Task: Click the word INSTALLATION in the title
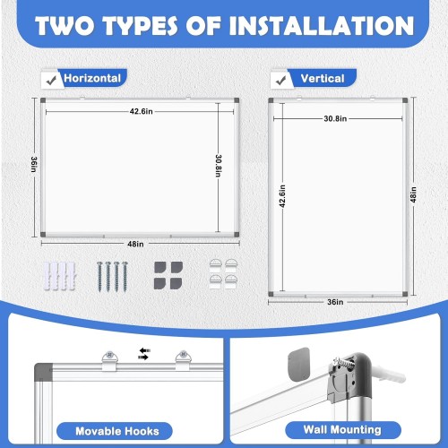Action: tap(322, 26)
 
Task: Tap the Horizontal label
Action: tap(92, 78)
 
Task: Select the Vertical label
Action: tap(323, 79)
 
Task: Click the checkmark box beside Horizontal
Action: tap(52, 80)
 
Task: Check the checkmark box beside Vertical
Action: tap(281, 80)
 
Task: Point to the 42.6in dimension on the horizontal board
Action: tap(141, 111)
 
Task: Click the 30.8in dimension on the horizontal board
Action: tap(219, 166)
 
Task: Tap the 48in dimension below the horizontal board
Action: tap(135, 244)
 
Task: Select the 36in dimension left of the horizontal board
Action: tap(34, 164)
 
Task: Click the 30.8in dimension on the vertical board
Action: tap(335, 118)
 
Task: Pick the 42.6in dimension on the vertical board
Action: tap(282, 196)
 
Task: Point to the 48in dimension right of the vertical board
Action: tap(413, 194)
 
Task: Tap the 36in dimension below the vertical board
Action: tap(335, 302)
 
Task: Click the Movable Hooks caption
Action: tap(117, 431)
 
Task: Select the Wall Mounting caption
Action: tap(342, 430)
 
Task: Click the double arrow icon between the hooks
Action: tap(144, 354)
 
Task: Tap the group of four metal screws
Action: tap(112, 276)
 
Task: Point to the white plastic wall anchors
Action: tap(60, 276)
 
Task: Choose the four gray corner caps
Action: tap(168, 275)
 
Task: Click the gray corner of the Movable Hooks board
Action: tap(43, 372)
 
